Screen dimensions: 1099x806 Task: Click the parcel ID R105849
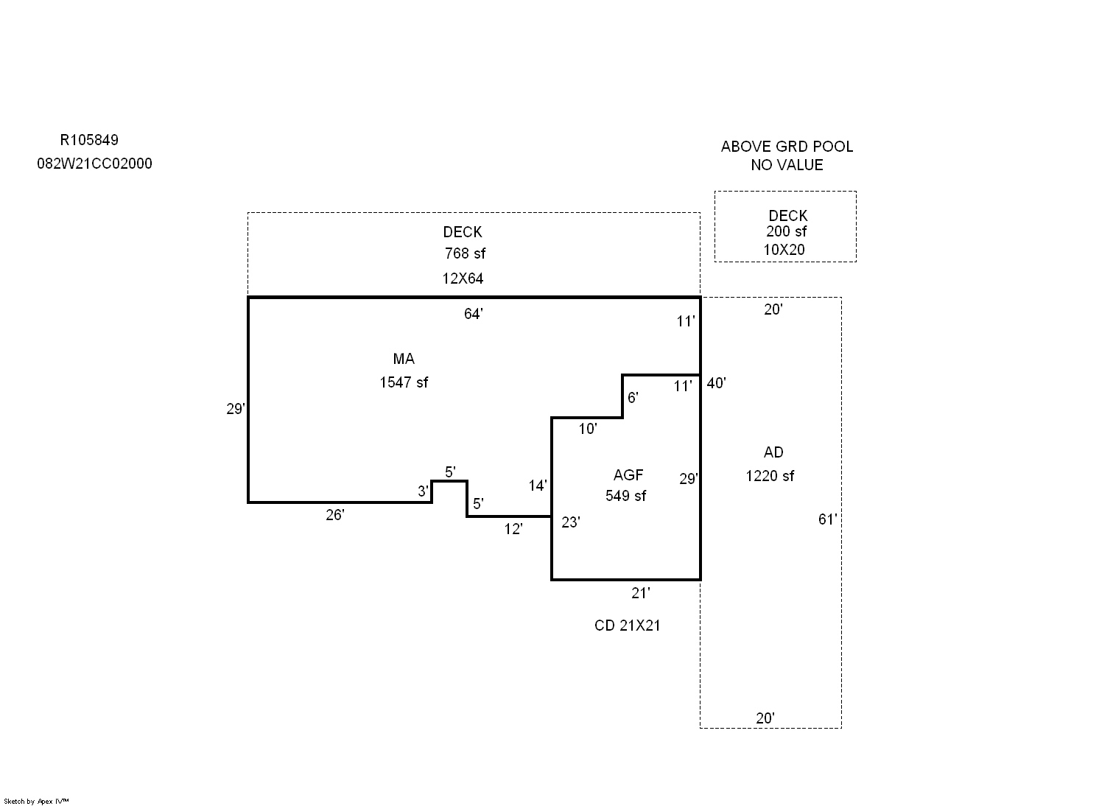click(89, 141)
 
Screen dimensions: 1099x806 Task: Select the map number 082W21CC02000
click(95, 164)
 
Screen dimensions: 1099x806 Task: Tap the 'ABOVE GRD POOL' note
click(787, 147)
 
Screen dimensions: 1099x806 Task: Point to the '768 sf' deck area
click(465, 253)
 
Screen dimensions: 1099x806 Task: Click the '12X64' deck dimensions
click(463, 278)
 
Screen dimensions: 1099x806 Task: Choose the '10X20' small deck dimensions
click(784, 250)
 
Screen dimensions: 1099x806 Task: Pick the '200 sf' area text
click(786, 231)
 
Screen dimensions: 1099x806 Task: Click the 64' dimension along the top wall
click(474, 314)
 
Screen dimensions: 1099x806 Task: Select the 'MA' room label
click(404, 359)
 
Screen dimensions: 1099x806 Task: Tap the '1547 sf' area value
click(404, 382)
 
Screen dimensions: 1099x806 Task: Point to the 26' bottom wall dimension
click(335, 515)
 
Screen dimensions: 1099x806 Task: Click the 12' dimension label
click(513, 529)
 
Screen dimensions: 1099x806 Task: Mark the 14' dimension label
click(537, 486)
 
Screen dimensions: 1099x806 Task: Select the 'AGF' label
click(628, 474)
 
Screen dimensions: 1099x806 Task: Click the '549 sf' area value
click(625, 496)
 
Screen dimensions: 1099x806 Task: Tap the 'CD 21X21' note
click(627, 625)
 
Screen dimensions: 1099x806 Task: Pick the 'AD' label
click(773, 452)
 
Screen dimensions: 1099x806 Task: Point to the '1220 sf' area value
click(770, 476)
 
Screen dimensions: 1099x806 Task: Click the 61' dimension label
click(828, 519)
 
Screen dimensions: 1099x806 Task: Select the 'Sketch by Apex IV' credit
click(36, 801)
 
